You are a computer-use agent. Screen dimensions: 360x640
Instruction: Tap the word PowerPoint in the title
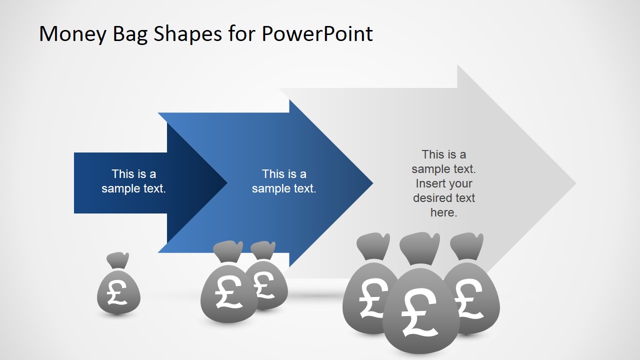(x=317, y=34)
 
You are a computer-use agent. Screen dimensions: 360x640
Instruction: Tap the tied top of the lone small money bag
(x=118, y=260)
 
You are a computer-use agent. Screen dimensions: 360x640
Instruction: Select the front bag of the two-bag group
(x=227, y=295)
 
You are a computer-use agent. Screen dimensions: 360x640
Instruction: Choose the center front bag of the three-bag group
(x=420, y=310)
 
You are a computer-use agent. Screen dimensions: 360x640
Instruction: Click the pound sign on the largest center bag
(x=419, y=312)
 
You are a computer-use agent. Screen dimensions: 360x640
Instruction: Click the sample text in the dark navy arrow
(x=133, y=181)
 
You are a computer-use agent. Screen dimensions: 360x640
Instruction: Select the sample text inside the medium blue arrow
(x=284, y=181)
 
